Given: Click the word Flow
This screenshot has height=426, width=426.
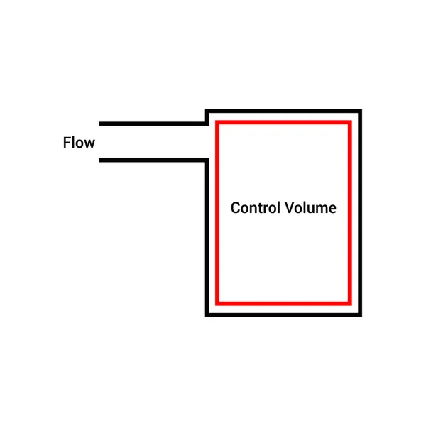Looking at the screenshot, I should [79, 143].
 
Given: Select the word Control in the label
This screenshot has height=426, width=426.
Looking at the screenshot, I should [256, 208].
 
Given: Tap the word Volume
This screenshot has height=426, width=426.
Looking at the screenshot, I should [310, 208].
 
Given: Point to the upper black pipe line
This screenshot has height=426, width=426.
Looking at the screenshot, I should [153, 124].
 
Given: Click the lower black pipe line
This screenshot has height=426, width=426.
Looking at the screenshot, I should [153, 160].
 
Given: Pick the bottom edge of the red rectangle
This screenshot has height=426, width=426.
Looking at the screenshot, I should [284, 301].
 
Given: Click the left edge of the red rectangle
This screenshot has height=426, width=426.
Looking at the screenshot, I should [218, 213].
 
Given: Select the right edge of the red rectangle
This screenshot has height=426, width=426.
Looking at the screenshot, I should [349, 213].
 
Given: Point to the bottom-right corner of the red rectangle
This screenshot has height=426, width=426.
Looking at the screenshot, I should [349, 301].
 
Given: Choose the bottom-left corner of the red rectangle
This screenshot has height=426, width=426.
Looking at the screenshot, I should [218, 301].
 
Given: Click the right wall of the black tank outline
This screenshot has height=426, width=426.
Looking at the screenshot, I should [360, 213].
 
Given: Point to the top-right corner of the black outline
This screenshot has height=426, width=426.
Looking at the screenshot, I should [360, 111].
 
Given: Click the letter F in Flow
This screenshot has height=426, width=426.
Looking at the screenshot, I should [67, 143].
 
